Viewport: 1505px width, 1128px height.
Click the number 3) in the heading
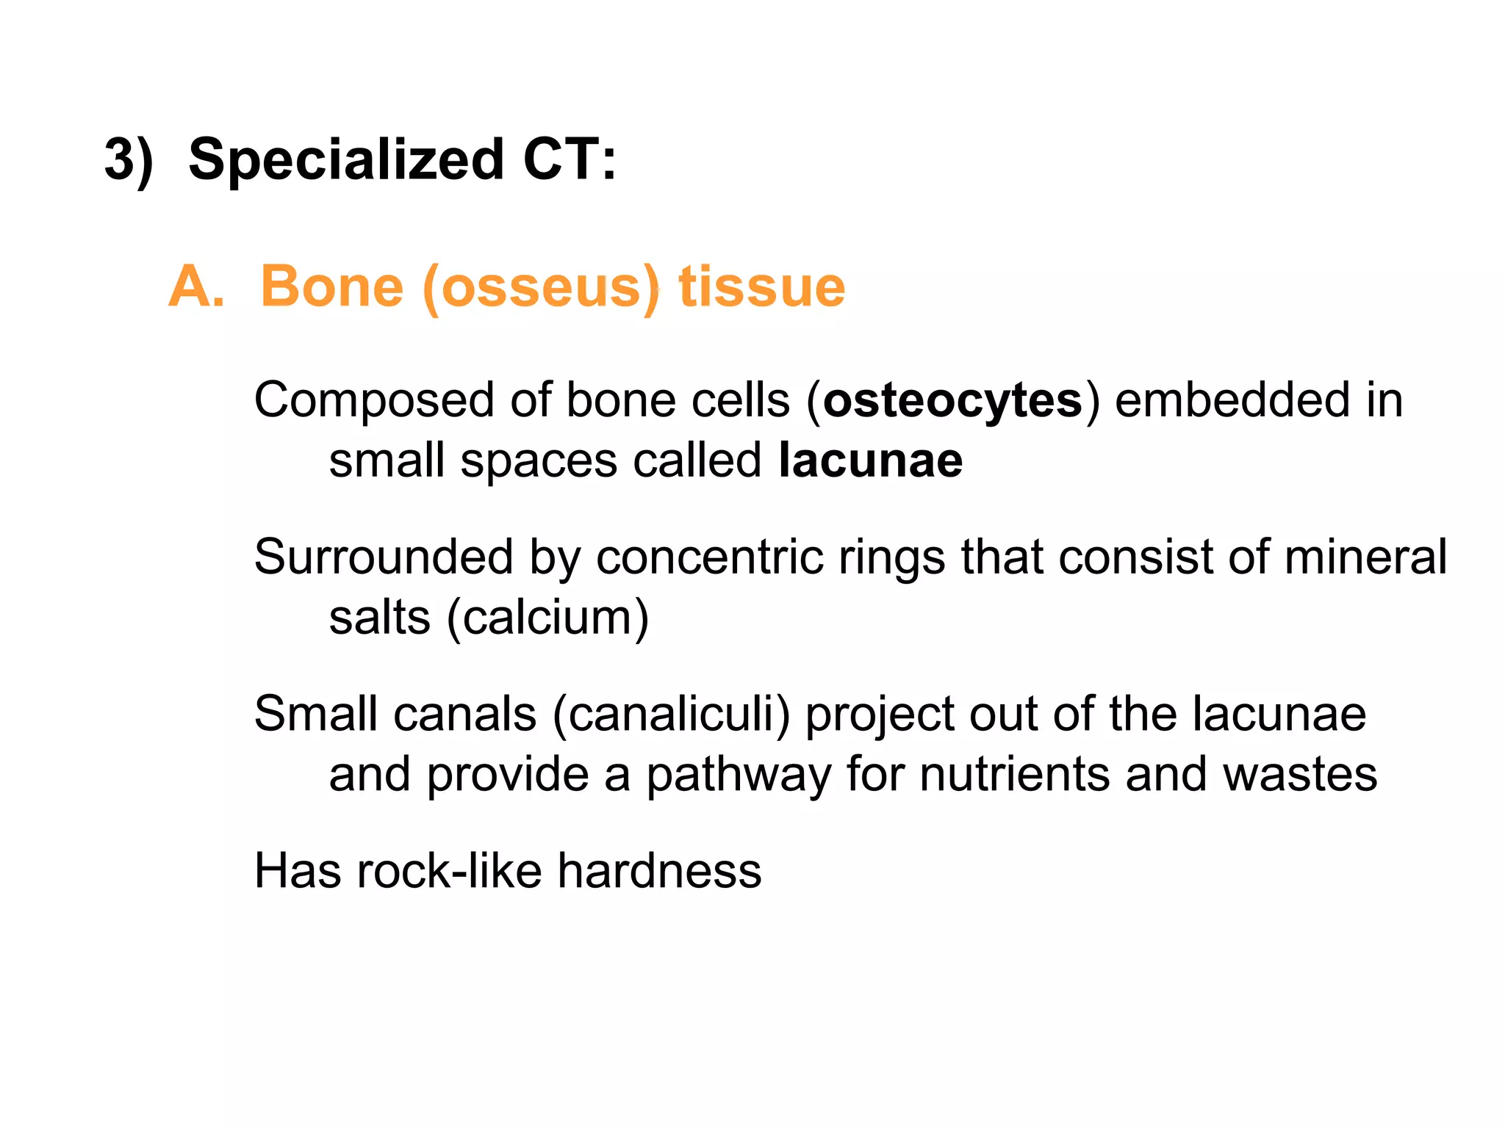pyautogui.click(x=129, y=160)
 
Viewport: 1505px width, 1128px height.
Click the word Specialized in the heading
pyautogui.click(x=346, y=160)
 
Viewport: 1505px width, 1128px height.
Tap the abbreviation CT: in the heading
pyautogui.click(x=570, y=160)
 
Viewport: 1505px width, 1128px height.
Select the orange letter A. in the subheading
pyautogui.click(x=196, y=286)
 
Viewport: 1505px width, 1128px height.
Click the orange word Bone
pyautogui.click(x=332, y=286)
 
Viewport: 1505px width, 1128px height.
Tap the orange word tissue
pyautogui.click(x=761, y=286)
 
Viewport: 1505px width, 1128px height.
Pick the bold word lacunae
pyautogui.click(x=870, y=461)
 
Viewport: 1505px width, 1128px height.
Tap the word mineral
pyautogui.click(x=1365, y=557)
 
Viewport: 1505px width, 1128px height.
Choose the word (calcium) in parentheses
pyautogui.click(x=548, y=618)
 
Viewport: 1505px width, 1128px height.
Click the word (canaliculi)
pyautogui.click(x=671, y=715)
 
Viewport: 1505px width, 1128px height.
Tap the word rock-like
pyautogui.click(x=449, y=872)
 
